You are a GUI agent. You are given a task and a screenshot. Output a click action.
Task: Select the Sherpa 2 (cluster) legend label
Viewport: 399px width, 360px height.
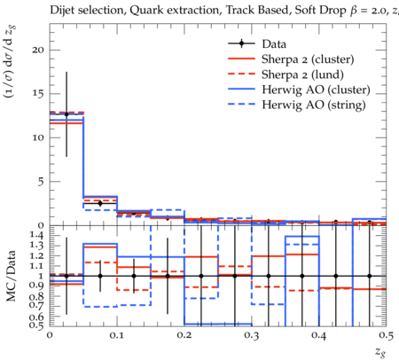click(x=308, y=59)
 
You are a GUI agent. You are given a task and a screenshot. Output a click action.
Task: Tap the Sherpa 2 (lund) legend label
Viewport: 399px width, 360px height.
click(x=302, y=74)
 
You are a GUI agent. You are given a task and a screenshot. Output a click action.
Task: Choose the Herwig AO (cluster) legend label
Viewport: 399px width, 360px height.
click(x=316, y=90)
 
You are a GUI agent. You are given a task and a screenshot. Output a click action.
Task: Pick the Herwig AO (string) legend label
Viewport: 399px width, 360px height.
click(x=314, y=105)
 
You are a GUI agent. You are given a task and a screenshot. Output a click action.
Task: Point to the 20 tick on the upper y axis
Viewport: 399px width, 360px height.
click(x=38, y=50)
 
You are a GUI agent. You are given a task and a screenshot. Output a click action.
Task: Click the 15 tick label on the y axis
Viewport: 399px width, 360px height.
click(x=38, y=94)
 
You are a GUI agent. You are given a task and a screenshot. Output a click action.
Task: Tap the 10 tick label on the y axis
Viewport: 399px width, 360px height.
click(x=38, y=137)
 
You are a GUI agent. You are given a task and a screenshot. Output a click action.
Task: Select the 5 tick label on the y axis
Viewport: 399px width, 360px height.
click(x=41, y=182)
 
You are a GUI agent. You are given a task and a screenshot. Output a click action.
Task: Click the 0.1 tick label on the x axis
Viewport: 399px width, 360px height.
click(x=117, y=335)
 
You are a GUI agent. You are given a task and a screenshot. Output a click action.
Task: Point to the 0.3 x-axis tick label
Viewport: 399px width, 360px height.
click(x=252, y=335)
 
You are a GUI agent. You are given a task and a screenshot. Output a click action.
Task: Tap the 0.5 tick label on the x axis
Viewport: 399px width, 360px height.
click(x=387, y=335)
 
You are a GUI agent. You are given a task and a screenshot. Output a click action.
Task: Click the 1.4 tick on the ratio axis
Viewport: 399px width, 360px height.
click(x=37, y=235)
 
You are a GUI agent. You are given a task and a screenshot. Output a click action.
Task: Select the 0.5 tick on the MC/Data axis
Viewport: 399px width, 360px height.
click(x=37, y=325)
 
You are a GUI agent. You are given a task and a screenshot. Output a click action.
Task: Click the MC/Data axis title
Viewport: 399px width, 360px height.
click(x=12, y=276)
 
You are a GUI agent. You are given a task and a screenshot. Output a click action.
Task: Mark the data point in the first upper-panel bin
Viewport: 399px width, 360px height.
click(x=66, y=114)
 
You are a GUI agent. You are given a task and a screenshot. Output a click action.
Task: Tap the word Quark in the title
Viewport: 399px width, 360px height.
click(x=143, y=11)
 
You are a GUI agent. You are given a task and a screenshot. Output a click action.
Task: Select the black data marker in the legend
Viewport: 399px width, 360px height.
click(x=241, y=43)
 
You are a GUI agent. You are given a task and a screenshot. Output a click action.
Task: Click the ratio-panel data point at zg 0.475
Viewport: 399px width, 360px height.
click(x=370, y=276)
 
